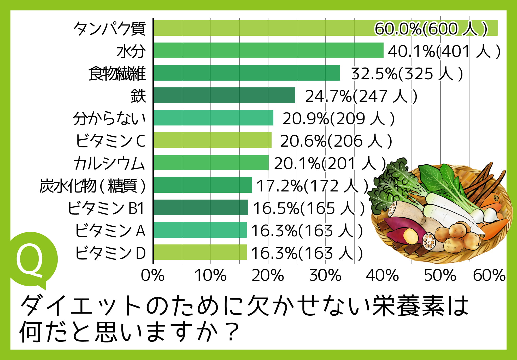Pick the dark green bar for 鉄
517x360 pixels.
tap(225, 95)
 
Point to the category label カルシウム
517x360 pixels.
tap(109, 163)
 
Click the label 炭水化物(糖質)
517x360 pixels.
tap(92, 186)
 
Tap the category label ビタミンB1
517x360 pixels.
tap(106, 208)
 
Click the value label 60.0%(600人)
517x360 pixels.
tap(431, 28)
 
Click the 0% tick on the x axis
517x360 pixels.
tap(153, 275)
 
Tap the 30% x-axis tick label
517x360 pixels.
tap(325, 275)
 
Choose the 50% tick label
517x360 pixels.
tap(440, 275)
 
